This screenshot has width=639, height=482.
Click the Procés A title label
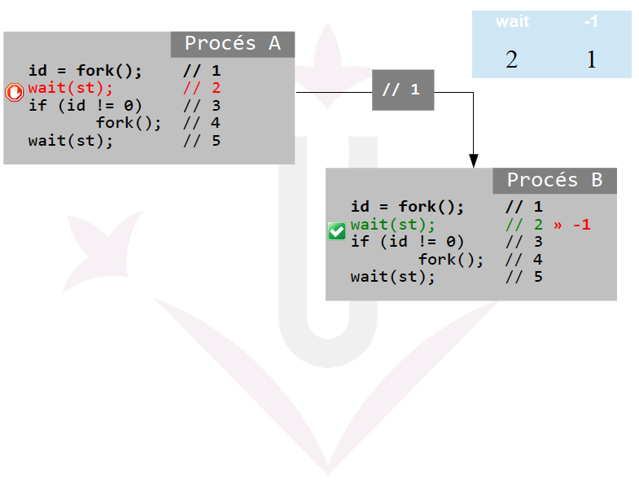pos(232,44)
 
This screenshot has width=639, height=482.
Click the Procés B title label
pos(554,181)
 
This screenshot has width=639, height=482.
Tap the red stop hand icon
pos(15,92)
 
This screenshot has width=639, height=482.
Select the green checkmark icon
pos(336,231)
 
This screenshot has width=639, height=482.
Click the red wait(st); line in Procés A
pos(70,88)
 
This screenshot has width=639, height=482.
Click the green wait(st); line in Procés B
pos(392,225)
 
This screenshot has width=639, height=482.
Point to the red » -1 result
pos(571,225)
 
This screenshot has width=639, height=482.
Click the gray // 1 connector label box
pos(403,90)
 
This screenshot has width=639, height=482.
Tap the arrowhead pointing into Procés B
pos(473,161)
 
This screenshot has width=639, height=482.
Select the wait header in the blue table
pos(512,22)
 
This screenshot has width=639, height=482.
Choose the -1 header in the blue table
pos(591,22)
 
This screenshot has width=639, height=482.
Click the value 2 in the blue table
pos(511,59)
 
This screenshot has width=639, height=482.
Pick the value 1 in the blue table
pos(591,59)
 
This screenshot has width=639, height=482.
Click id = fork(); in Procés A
pos(85,71)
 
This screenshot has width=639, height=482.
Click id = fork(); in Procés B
pos(407,207)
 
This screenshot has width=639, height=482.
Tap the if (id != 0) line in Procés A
pos(85,105)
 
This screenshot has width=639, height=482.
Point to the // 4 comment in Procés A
pos(202,123)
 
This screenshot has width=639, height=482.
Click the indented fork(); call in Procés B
pos(451,260)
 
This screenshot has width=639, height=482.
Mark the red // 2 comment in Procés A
pos(202,88)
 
